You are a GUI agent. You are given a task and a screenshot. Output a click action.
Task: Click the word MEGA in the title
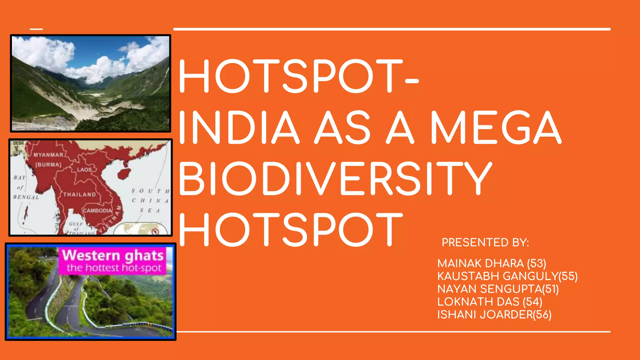coord(496,127)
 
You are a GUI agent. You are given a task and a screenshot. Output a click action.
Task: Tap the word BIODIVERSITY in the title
coord(335,178)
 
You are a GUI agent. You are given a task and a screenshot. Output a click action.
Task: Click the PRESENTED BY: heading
coord(485,242)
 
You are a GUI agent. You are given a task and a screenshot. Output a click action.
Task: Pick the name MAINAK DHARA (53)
coord(492,263)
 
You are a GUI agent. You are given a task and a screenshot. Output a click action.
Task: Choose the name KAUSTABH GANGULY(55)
coord(507,276)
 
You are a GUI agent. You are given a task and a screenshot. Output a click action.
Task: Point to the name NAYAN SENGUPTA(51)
coord(498,289)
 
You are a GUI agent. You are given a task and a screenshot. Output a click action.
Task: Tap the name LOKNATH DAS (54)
coord(490,302)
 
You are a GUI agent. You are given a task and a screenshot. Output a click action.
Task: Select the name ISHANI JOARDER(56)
coord(494,315)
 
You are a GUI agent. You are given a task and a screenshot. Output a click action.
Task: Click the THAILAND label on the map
coord(80,194)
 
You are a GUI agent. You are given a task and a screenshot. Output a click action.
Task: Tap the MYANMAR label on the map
coord(48,155)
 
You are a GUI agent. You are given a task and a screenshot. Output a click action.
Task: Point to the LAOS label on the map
coord(84,170)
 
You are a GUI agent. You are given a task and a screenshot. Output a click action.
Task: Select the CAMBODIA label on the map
coord(97,211)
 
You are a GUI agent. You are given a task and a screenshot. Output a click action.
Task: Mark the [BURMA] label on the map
coord(48,164)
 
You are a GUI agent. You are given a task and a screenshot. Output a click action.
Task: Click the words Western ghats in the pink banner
coord(113,256)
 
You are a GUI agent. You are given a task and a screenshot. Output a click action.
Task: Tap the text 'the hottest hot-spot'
coord(114,268)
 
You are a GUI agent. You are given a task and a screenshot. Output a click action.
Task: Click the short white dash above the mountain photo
coord(36,29)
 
